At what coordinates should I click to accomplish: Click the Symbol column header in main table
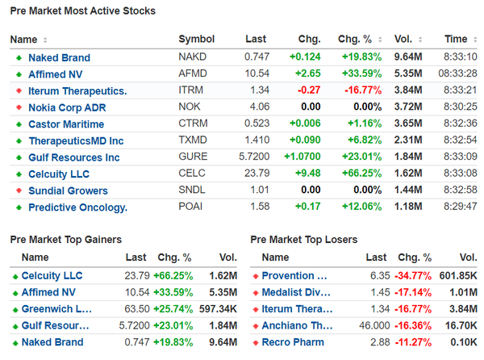(x=196, y=40)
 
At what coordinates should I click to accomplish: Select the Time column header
(x=456, y=40)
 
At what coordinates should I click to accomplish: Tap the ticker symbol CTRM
(x=194, y=124)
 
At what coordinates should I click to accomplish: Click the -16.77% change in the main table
(x=359, y=91)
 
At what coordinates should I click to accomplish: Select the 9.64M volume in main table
(x=410, y=57)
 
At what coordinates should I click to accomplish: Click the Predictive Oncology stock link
(x=77, y=207)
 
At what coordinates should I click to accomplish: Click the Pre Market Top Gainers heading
(x=66, y=240)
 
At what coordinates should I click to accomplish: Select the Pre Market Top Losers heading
(x=304, y=240)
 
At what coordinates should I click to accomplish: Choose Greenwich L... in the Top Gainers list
(x=56, y=309)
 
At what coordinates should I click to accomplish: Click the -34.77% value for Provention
(x=415, y=276)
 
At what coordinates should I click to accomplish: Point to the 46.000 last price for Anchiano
(x=371, y=326)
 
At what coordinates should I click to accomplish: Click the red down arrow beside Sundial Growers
(x=19, y=191)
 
